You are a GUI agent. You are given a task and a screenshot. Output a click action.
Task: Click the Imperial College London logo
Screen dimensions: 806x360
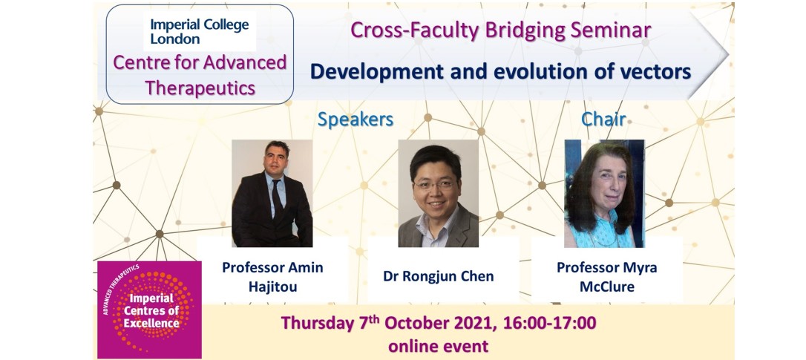click(x=200, y=31)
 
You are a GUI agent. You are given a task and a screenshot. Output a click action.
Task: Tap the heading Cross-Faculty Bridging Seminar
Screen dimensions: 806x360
click(x=501, y=30)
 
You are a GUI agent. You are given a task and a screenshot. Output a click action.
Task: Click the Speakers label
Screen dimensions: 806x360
click(x=356, y=119)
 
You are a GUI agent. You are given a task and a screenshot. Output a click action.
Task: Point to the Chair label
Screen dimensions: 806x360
click(x=603, y=119)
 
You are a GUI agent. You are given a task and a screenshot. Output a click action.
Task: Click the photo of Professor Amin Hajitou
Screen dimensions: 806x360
click(x=272, y=194)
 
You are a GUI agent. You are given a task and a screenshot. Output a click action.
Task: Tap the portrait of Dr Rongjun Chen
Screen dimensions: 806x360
click(x=439, y=194)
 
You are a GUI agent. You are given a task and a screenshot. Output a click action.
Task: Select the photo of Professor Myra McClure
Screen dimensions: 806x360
click(x=604, y=194)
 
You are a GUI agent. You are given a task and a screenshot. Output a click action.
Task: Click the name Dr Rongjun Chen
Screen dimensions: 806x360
click(x=439, y=276)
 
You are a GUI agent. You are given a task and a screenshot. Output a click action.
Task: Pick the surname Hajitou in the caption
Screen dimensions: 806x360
click(x=272, y=287)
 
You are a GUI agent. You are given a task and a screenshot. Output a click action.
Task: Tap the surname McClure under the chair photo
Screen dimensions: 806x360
click(x=607, y=286)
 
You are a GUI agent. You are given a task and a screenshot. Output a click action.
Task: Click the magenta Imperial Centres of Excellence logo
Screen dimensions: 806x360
click(x=150, y=310)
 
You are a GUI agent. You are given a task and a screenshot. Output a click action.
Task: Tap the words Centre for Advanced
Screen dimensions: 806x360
click(x=200, y=63)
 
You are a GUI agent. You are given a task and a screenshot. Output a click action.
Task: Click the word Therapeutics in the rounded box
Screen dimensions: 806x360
click(x=200, y=88)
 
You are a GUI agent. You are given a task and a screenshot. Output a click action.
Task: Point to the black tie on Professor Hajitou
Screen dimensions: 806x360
click(x=277, y=198)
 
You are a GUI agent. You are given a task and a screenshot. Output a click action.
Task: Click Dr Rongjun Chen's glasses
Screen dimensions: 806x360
click(x=435, y=184)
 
